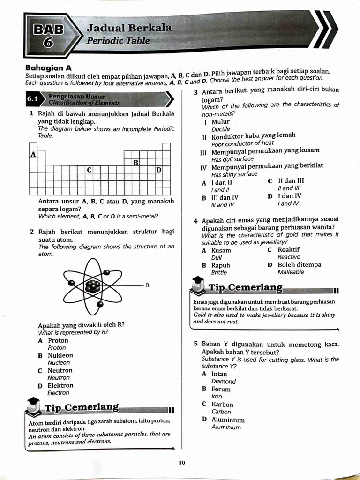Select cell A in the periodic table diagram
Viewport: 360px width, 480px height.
coord(33,154)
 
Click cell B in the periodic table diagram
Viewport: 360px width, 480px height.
coord(135,162)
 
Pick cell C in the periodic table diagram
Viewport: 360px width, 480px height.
coord(89,170)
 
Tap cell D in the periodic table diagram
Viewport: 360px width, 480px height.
coord(158,170)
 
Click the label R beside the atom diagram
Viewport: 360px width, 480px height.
coord(148,285)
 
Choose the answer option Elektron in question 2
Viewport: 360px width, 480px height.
coord(60,385)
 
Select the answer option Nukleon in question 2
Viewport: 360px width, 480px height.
coord(60,355)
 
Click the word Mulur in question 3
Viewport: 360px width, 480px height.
coord(220,122)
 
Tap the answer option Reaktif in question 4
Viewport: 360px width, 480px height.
coord(288,250)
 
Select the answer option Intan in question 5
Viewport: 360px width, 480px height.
coord(219,374)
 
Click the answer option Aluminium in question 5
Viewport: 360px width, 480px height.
coord(228,420)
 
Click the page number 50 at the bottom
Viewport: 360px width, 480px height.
coord(182,463)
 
